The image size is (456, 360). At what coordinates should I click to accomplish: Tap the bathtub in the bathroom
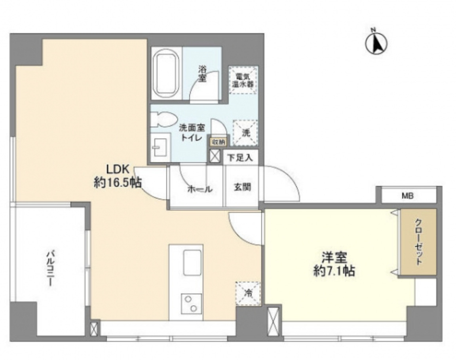click(x=165, y=74)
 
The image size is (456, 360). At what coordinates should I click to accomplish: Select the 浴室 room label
click(x=202, y=73)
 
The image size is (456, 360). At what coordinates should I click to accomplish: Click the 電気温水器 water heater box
click(x=243, y=80)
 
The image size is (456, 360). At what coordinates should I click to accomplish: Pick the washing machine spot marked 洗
click(x=245, y=133)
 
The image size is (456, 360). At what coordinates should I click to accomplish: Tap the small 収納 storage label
click(x=218, y=141)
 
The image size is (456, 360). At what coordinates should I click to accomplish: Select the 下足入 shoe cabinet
click(x=240, y=158)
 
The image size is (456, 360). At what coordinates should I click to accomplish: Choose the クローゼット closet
click(x=418, y=242)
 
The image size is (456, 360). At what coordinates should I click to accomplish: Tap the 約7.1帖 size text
click(x=334, y=271)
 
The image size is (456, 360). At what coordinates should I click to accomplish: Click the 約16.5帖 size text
click(x=118, y=183)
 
